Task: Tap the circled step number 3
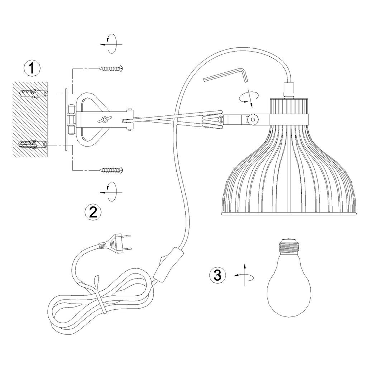click(218, 275)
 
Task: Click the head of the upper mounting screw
click(121, 68)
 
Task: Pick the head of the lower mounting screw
click(121, 170)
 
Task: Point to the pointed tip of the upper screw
click(99, 68)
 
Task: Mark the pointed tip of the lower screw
click(99, 170)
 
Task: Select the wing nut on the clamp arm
click(103, 120)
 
